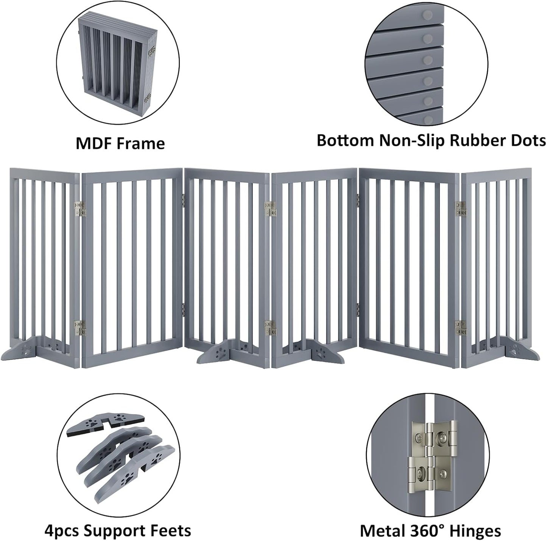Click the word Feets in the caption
click(x=171, y=530)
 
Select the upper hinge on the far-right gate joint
click(x=461, y=209)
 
